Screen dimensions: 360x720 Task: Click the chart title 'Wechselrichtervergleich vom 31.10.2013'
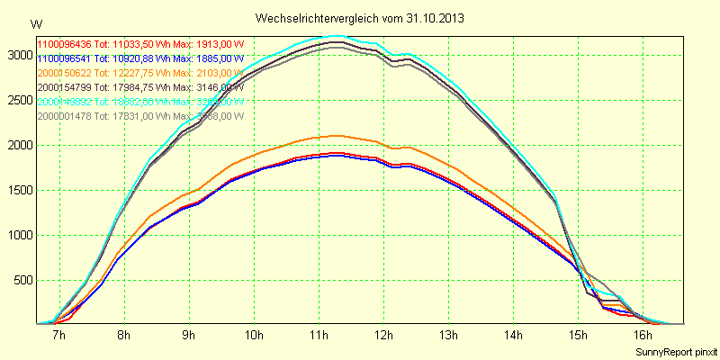[359, 18]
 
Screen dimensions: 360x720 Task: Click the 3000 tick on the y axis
[19, 55]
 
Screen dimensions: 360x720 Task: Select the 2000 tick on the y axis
[19, 145]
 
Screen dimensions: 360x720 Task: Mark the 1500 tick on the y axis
[19, 190]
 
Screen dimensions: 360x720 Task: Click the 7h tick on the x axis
[59, 336]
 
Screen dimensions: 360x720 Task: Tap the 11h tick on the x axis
[319, 336]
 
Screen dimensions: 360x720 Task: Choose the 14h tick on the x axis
[513, 336]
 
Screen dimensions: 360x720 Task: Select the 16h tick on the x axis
[643, 336]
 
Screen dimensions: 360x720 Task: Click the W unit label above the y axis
[36, 23]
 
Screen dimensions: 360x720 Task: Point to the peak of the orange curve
[334, 136]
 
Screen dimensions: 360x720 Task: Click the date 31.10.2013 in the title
[435, 18]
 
